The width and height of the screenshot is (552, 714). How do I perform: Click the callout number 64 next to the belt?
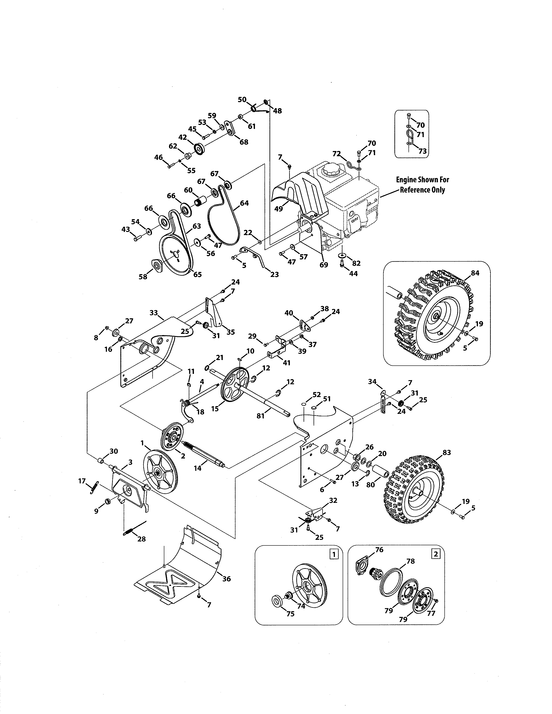[x=244, y=203]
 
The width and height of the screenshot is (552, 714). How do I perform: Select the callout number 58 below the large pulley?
[x=143, y=277]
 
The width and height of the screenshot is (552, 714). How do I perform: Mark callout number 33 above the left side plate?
[x=154, y=313]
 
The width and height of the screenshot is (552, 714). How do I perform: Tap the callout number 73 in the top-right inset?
[x=423, y=151]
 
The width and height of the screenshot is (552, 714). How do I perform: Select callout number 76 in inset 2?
[x=379, y=550]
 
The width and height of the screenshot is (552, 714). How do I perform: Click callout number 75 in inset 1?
[x=290, y=614]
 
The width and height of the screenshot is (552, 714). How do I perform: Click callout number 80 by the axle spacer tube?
[x=371, y=485]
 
